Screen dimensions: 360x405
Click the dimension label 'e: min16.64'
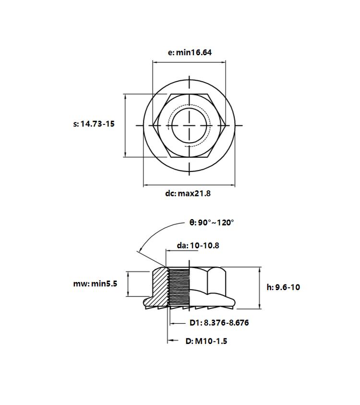[190, 52]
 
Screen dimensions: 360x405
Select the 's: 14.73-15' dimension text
[94, 124]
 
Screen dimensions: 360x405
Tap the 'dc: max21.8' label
[188, 193]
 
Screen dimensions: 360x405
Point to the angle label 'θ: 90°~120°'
[212, 222]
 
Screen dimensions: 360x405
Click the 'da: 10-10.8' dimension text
[198, 245]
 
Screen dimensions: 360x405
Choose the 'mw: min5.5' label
[95, 283]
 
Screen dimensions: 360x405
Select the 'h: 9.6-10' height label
[283, 287]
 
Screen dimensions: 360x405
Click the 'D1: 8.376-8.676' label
[219, 322]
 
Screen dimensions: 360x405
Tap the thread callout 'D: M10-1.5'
[206, 341]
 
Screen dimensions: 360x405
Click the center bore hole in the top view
[190, 125]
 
